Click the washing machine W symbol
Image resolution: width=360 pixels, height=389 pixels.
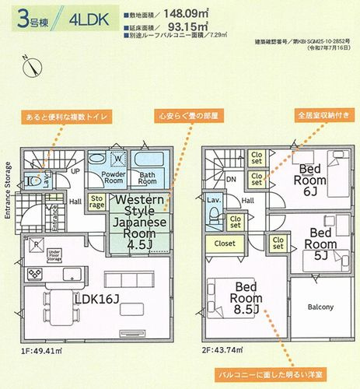click(117, 160)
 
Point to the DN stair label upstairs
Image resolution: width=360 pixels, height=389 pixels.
click(231, 178)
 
